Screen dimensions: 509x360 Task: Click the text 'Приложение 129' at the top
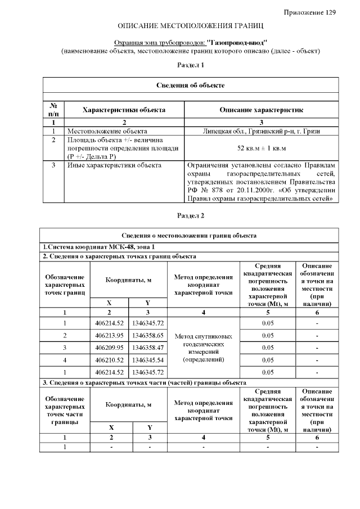coord(309,12)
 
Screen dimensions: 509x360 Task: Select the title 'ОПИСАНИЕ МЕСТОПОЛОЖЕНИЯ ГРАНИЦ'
coord(190,26)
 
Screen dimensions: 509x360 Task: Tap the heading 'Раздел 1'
coord(190,65)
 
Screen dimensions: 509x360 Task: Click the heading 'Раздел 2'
coord(190,215)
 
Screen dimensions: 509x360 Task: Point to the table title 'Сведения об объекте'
coord(190,85)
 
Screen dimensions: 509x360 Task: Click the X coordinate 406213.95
coord(109,335)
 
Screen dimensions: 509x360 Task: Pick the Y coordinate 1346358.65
coord(148,335)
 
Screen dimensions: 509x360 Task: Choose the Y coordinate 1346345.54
coord(148,360)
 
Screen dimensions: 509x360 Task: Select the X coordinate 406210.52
coord(109,360)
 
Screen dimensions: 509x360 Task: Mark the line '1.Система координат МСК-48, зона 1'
coord(98,247)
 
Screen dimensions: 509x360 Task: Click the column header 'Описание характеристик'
coord(261,110)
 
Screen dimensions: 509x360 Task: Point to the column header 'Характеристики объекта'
coord(124,110)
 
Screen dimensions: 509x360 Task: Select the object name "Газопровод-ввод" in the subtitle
coord(237,42)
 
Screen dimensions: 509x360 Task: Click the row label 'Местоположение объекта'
coord(107,130)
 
